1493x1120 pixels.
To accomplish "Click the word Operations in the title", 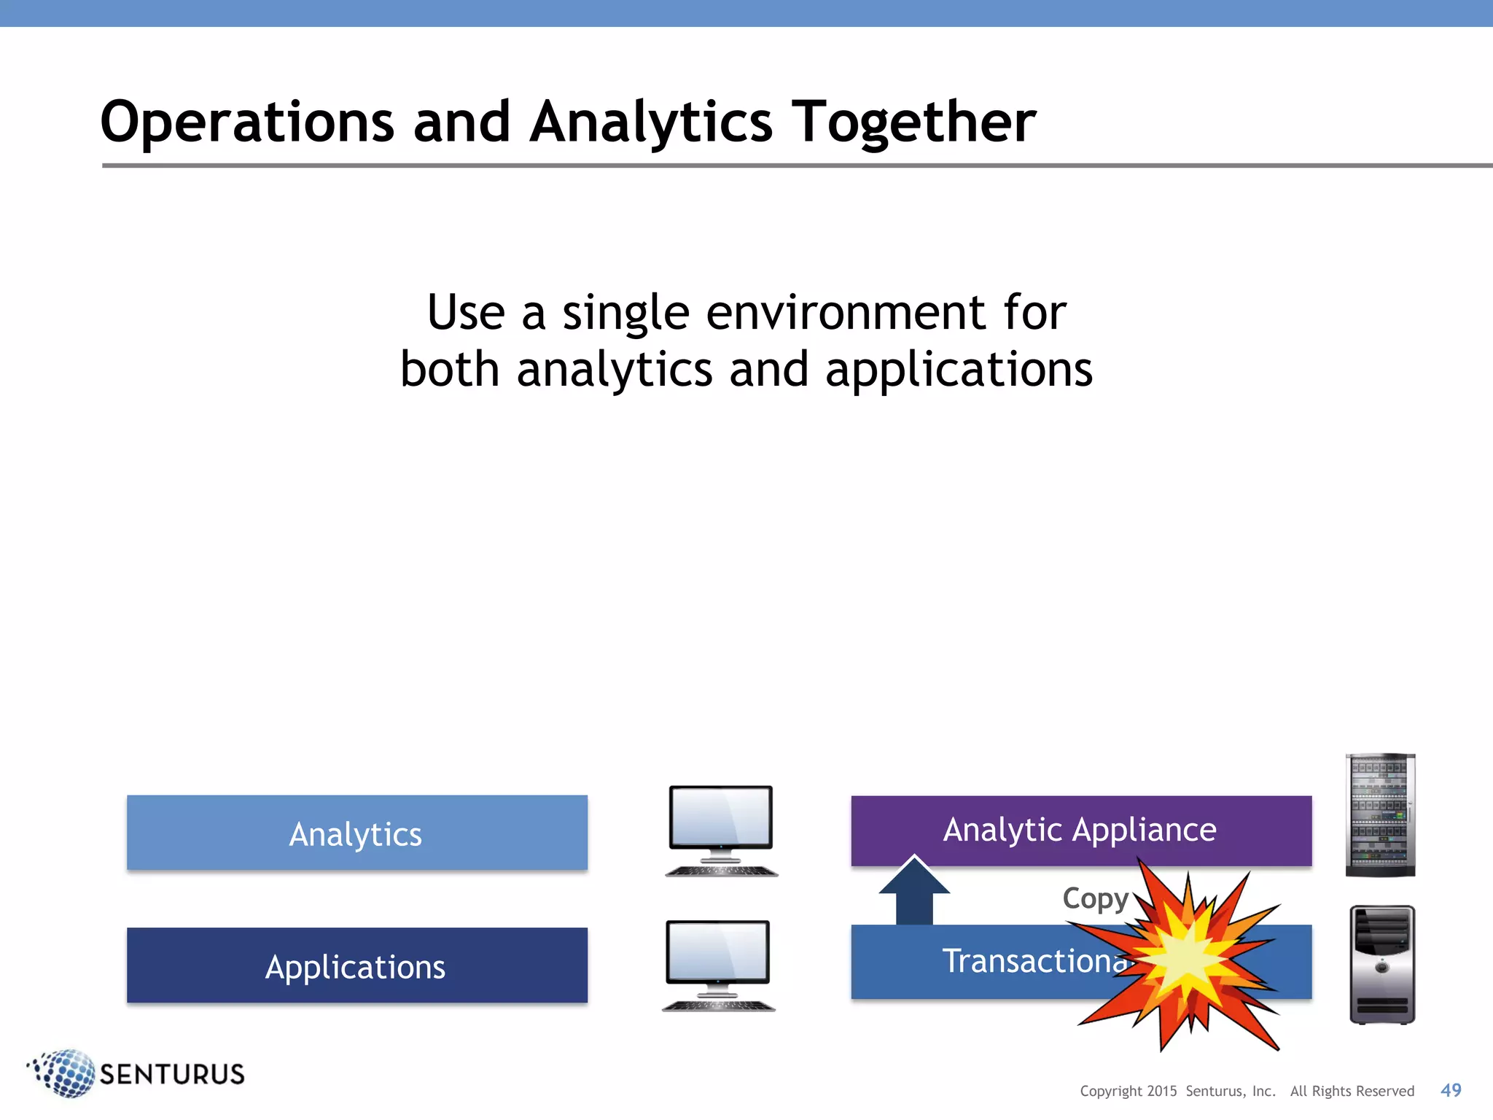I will coord(247,122).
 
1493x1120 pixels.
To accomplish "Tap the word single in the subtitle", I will coord(625,313).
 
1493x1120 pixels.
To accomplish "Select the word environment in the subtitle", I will coord(846,313).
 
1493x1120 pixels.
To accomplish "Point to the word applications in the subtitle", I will coord(959,370).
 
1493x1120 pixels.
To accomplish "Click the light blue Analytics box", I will coord(356,833).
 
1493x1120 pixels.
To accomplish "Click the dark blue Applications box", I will coord(356,965).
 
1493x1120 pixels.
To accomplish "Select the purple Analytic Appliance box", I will coord(1080,830).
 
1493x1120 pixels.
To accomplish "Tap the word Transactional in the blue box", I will coord(1035,961).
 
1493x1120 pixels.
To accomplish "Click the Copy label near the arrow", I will coord(1095,898).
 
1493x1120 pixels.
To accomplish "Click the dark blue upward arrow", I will coord(914,891).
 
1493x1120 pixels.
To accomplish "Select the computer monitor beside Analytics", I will coord(721,830).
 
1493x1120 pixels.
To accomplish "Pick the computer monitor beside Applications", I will coord(718,964).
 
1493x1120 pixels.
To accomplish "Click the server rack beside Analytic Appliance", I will coord(1380,814).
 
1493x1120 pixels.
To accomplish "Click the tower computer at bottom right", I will coord(1382,964).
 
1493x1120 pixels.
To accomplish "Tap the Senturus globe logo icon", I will coord(63,1073).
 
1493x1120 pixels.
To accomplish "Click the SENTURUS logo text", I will coord(172,1074).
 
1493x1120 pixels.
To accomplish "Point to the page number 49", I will coord(1451,1090).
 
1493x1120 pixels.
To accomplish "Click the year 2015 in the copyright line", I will coord(1161,1092).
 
